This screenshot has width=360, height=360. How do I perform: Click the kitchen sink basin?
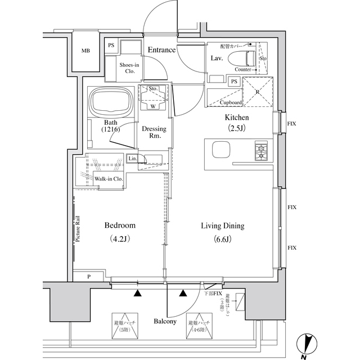(220, 151)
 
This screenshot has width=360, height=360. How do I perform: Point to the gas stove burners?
(262, 151)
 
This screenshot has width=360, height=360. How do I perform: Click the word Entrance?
(161, 51)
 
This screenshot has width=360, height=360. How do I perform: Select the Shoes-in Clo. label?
(129, 67)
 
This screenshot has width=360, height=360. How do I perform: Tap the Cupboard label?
(231, 103)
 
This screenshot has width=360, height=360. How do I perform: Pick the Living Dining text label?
(223, 226)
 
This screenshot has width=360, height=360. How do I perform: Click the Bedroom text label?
(120, 226)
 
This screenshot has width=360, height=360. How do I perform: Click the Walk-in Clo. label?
(109, 179)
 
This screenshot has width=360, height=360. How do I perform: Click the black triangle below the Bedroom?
(137, 292)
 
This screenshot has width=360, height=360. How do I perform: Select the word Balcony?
(165, 322)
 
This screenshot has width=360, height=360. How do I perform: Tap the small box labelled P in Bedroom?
(89, 277)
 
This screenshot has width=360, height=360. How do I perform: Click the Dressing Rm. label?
(154, 132)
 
